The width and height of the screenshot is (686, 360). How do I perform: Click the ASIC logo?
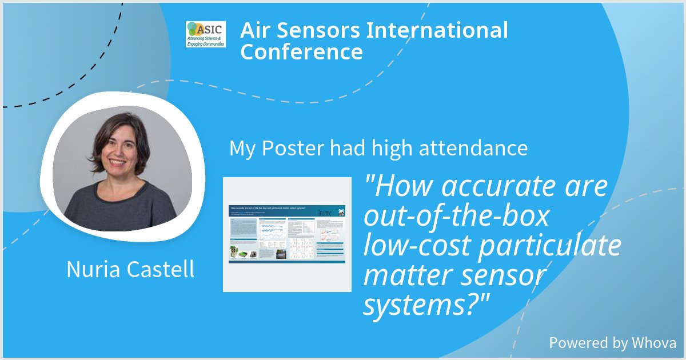(x=205, y=34)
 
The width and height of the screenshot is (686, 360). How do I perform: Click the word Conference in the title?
(x=301, y=52)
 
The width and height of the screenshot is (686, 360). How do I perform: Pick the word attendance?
(x=473, y=149)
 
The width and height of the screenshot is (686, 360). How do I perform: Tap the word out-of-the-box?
(x=456, y=217)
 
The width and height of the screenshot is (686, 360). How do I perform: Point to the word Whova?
(x=654, y=343)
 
